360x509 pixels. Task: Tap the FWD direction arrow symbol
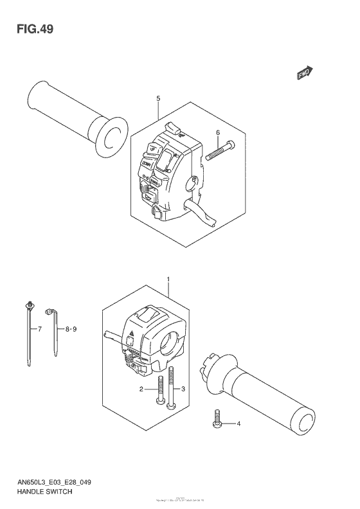point(304,75)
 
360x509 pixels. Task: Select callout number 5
point(157,98)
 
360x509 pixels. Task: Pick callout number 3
point(183,389)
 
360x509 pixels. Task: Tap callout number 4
point(239,424)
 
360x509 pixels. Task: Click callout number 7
point(39,329)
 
